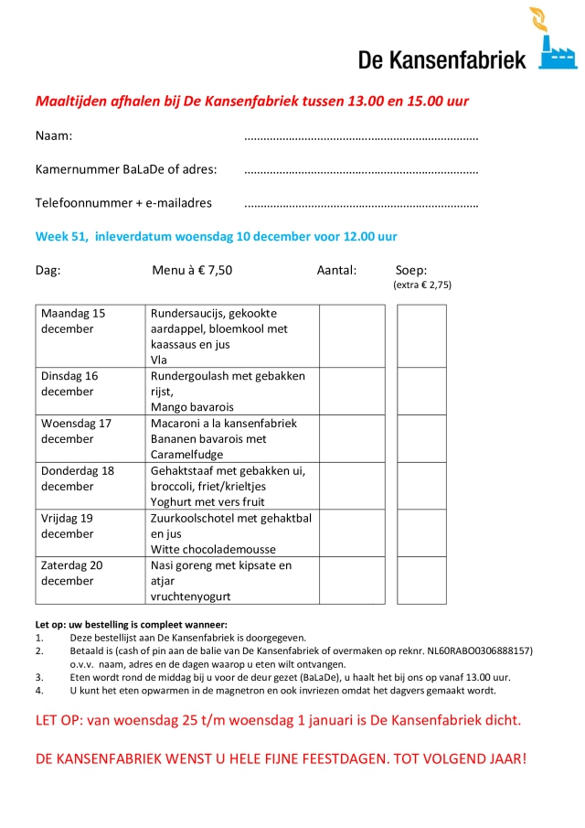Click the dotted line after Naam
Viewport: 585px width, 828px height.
362,138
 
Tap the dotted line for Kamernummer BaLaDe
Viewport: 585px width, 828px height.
362,171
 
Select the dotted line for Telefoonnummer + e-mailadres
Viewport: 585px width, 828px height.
362,204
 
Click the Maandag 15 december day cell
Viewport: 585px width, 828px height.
90,336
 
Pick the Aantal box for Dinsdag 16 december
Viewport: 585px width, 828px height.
352,391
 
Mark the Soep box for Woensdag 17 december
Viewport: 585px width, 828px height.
421,438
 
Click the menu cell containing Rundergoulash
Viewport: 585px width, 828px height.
232,391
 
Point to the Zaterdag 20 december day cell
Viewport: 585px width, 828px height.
90,580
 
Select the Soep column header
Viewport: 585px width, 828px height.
411,270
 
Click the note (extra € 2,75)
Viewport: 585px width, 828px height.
422,285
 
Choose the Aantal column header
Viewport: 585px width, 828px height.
336,270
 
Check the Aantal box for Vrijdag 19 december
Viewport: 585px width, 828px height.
352,533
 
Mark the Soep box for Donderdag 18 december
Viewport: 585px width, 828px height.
421,486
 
